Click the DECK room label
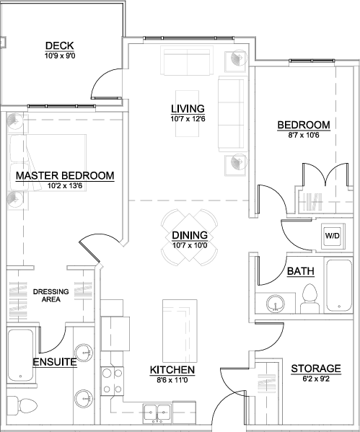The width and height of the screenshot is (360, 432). pos(60,45)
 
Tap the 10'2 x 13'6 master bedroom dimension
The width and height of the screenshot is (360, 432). pos(65,185)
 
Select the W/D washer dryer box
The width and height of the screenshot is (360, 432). pos(332,236)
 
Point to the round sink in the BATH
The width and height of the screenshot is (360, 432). pos(276,304)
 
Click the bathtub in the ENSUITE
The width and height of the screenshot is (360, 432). pos(21,355)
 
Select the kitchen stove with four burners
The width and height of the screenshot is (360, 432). pos(112,381)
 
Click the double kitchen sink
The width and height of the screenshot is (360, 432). pos(157,413)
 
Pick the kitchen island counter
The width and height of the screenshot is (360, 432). pos(180,331)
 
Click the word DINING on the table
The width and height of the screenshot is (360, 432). pos(190,235)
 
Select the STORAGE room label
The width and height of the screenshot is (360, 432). pos(316,369)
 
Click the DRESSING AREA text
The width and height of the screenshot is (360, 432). pos(51,296)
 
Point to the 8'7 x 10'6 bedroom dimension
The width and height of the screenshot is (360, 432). pos(304,135)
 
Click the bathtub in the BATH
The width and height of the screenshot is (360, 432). pos(339,285)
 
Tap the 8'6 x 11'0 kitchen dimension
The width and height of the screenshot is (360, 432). pos(172,380)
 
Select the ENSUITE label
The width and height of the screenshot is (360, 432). pos(55,362)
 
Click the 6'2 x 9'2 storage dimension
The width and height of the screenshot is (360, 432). pos(316,379)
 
